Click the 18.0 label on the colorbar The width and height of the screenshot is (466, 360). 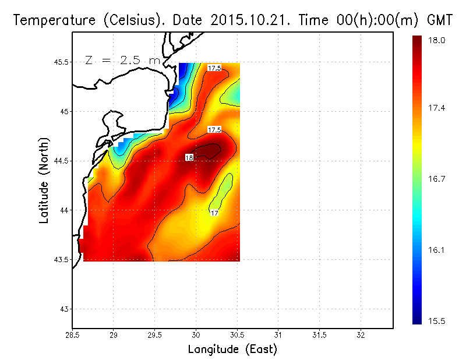(x=436, y=40)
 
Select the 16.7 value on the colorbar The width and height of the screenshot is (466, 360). (x=436, y=179)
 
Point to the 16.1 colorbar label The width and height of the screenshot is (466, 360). (x=436, y=250)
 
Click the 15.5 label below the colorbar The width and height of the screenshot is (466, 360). (x=436, y=320)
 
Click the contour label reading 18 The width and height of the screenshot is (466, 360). (x=189, y=157)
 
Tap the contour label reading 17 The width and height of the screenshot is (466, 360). (x=214, y=213)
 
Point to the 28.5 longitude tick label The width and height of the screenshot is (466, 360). (x=72, y=336)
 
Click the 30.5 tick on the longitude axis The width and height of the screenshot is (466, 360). (x=237, y=336)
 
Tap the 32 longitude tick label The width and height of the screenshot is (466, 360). (x=361, y=336)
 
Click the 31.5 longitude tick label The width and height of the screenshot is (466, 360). (x=319, y=336)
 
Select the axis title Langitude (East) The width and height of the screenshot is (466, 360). (x=232, y=349)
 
